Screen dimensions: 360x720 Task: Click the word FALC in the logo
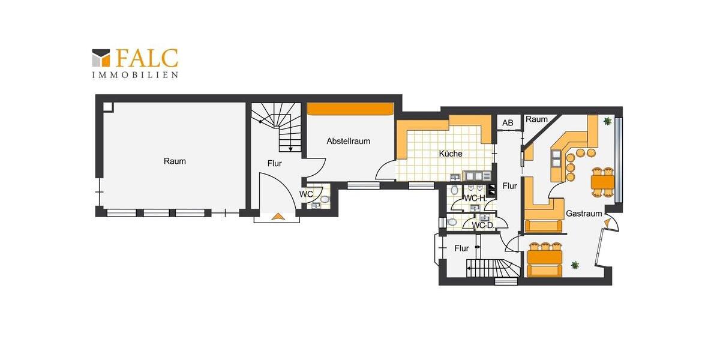(146, 58)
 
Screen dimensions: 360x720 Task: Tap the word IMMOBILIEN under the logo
(135, 75)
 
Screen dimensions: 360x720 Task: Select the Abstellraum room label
(348, 141)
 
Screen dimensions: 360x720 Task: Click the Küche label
(451, 154)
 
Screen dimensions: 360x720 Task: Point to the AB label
(508, 123)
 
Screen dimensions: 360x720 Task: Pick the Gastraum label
(580, 214)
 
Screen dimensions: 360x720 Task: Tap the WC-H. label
(475, 198)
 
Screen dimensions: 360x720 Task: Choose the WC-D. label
(482, 226)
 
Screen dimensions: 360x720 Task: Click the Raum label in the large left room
(175, 161)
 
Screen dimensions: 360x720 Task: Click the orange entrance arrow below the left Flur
(278, 217)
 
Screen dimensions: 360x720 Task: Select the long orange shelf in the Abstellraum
(350, 109)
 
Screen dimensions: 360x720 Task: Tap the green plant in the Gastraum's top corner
(608, 121)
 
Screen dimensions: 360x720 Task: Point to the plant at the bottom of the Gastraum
(575, 265)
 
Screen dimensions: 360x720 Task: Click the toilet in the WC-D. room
(452, 222)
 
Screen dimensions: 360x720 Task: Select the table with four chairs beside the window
(602, 181)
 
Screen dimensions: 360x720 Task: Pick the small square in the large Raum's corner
(108, 107)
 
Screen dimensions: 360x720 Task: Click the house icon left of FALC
(101, 58)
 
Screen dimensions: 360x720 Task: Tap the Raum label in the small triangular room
(536, 119)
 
